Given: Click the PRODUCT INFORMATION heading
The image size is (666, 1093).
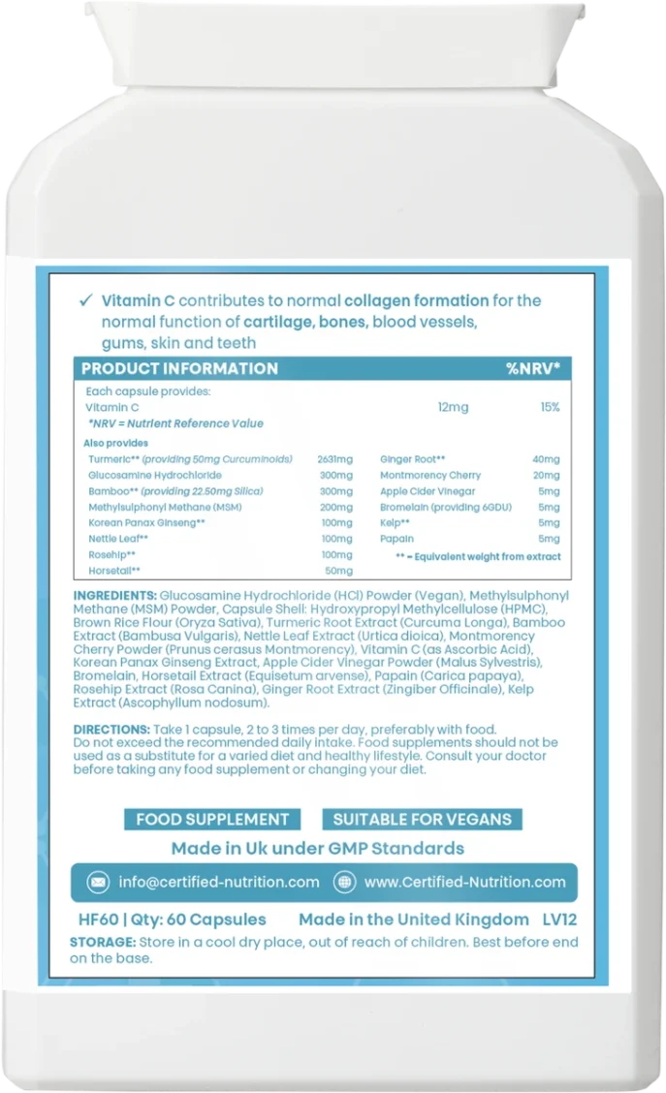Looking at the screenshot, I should pos(179,369).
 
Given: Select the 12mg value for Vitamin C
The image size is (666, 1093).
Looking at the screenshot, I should pos(453,408).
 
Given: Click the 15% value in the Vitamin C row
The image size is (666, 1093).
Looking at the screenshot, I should pos(550,408).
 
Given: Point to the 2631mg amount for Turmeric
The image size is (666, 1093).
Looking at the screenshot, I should pos(334,459).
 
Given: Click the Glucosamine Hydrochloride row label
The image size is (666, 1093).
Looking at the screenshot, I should pos(154,476).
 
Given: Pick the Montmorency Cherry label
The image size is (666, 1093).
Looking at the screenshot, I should pos(430,476).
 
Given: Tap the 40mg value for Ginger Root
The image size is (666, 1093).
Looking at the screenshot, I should pos(546,459).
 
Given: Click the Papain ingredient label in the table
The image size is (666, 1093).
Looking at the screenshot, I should pos(396,539).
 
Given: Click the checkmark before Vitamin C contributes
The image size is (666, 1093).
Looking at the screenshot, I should pos(88,300).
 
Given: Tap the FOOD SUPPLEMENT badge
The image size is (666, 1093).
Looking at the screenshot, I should pos(212,819).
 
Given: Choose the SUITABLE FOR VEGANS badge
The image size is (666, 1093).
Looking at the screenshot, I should pos(422,819).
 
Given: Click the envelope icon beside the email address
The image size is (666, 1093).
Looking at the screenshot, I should pos(98,882).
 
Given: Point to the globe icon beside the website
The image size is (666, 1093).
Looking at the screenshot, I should pos(344,882).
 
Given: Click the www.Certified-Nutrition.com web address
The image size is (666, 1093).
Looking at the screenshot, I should pos(464,882).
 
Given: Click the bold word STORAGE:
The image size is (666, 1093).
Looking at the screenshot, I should pos(104,942).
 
